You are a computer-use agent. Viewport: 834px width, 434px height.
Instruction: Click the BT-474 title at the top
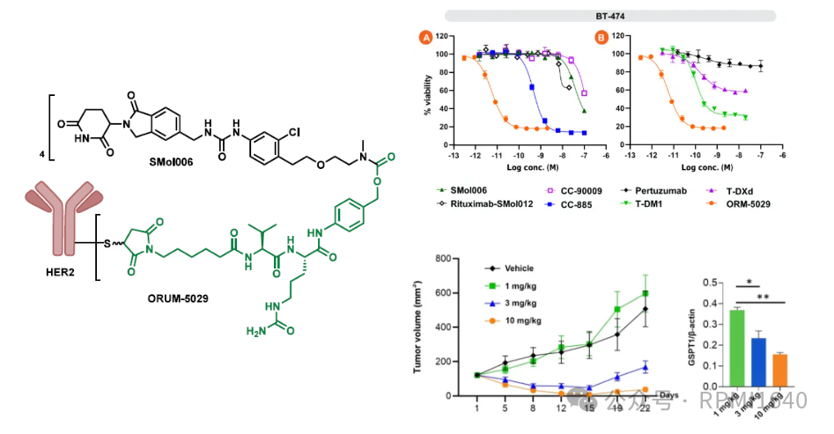point(609,15)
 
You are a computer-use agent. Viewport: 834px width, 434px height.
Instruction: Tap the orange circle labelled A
point(425,38)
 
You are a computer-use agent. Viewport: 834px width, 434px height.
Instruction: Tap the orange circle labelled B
point(602,38)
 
